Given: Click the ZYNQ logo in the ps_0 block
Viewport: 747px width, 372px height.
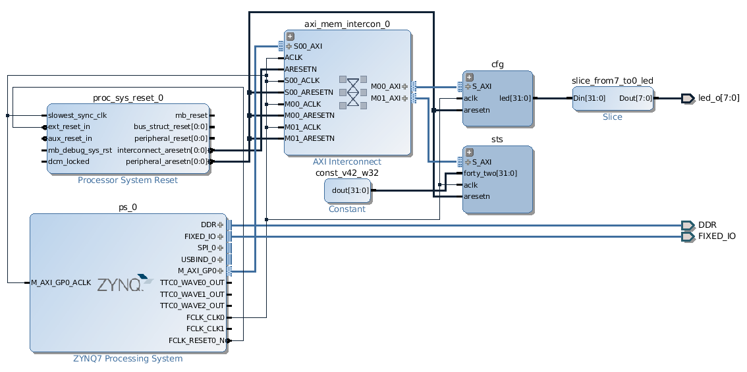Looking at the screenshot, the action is click(125, 282).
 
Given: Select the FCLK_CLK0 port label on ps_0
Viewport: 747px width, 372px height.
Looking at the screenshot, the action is click(206, 317).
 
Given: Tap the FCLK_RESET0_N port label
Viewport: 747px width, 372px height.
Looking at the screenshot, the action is click(197, 340).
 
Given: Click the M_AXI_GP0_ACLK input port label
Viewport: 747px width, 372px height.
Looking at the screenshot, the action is click(61, 282).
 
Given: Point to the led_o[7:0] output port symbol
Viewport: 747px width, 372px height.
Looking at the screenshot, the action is click(688, 98).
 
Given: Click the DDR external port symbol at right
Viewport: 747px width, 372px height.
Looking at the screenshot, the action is click(688, 225).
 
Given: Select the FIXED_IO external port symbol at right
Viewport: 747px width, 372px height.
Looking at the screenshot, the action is click(688, 237).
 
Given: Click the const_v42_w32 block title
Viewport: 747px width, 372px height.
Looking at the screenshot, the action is click(346, 173).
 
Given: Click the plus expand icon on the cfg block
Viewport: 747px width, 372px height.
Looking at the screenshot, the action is click(469, 77).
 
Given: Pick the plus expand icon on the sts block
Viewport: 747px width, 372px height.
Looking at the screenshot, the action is click(469, 152).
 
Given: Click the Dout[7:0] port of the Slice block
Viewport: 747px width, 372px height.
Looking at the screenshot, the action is click(636, 98).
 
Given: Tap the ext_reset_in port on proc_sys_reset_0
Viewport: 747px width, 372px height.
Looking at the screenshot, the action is click(69, 126).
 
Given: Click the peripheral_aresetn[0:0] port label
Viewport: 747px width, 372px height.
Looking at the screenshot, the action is click(167, 161).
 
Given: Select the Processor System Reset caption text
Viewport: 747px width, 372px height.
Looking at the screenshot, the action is click(128, 180).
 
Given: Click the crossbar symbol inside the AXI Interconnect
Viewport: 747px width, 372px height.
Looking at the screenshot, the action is click(353, 92).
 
